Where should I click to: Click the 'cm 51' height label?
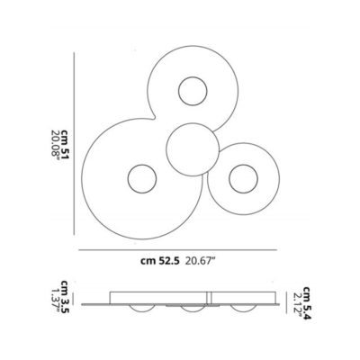(x=65, y=144)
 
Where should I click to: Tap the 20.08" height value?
(x=56, y=144)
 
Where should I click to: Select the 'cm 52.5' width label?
(x=160, y=261)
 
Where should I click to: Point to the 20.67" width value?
(x=200, y=261)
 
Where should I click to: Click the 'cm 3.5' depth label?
(x=66, y=297)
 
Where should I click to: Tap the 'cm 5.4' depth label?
(x=306, y=303)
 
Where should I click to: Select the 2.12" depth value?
(x=297, y=303)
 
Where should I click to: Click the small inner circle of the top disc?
(x=193, y=91)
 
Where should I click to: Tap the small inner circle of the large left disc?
(x=142, y=178)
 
